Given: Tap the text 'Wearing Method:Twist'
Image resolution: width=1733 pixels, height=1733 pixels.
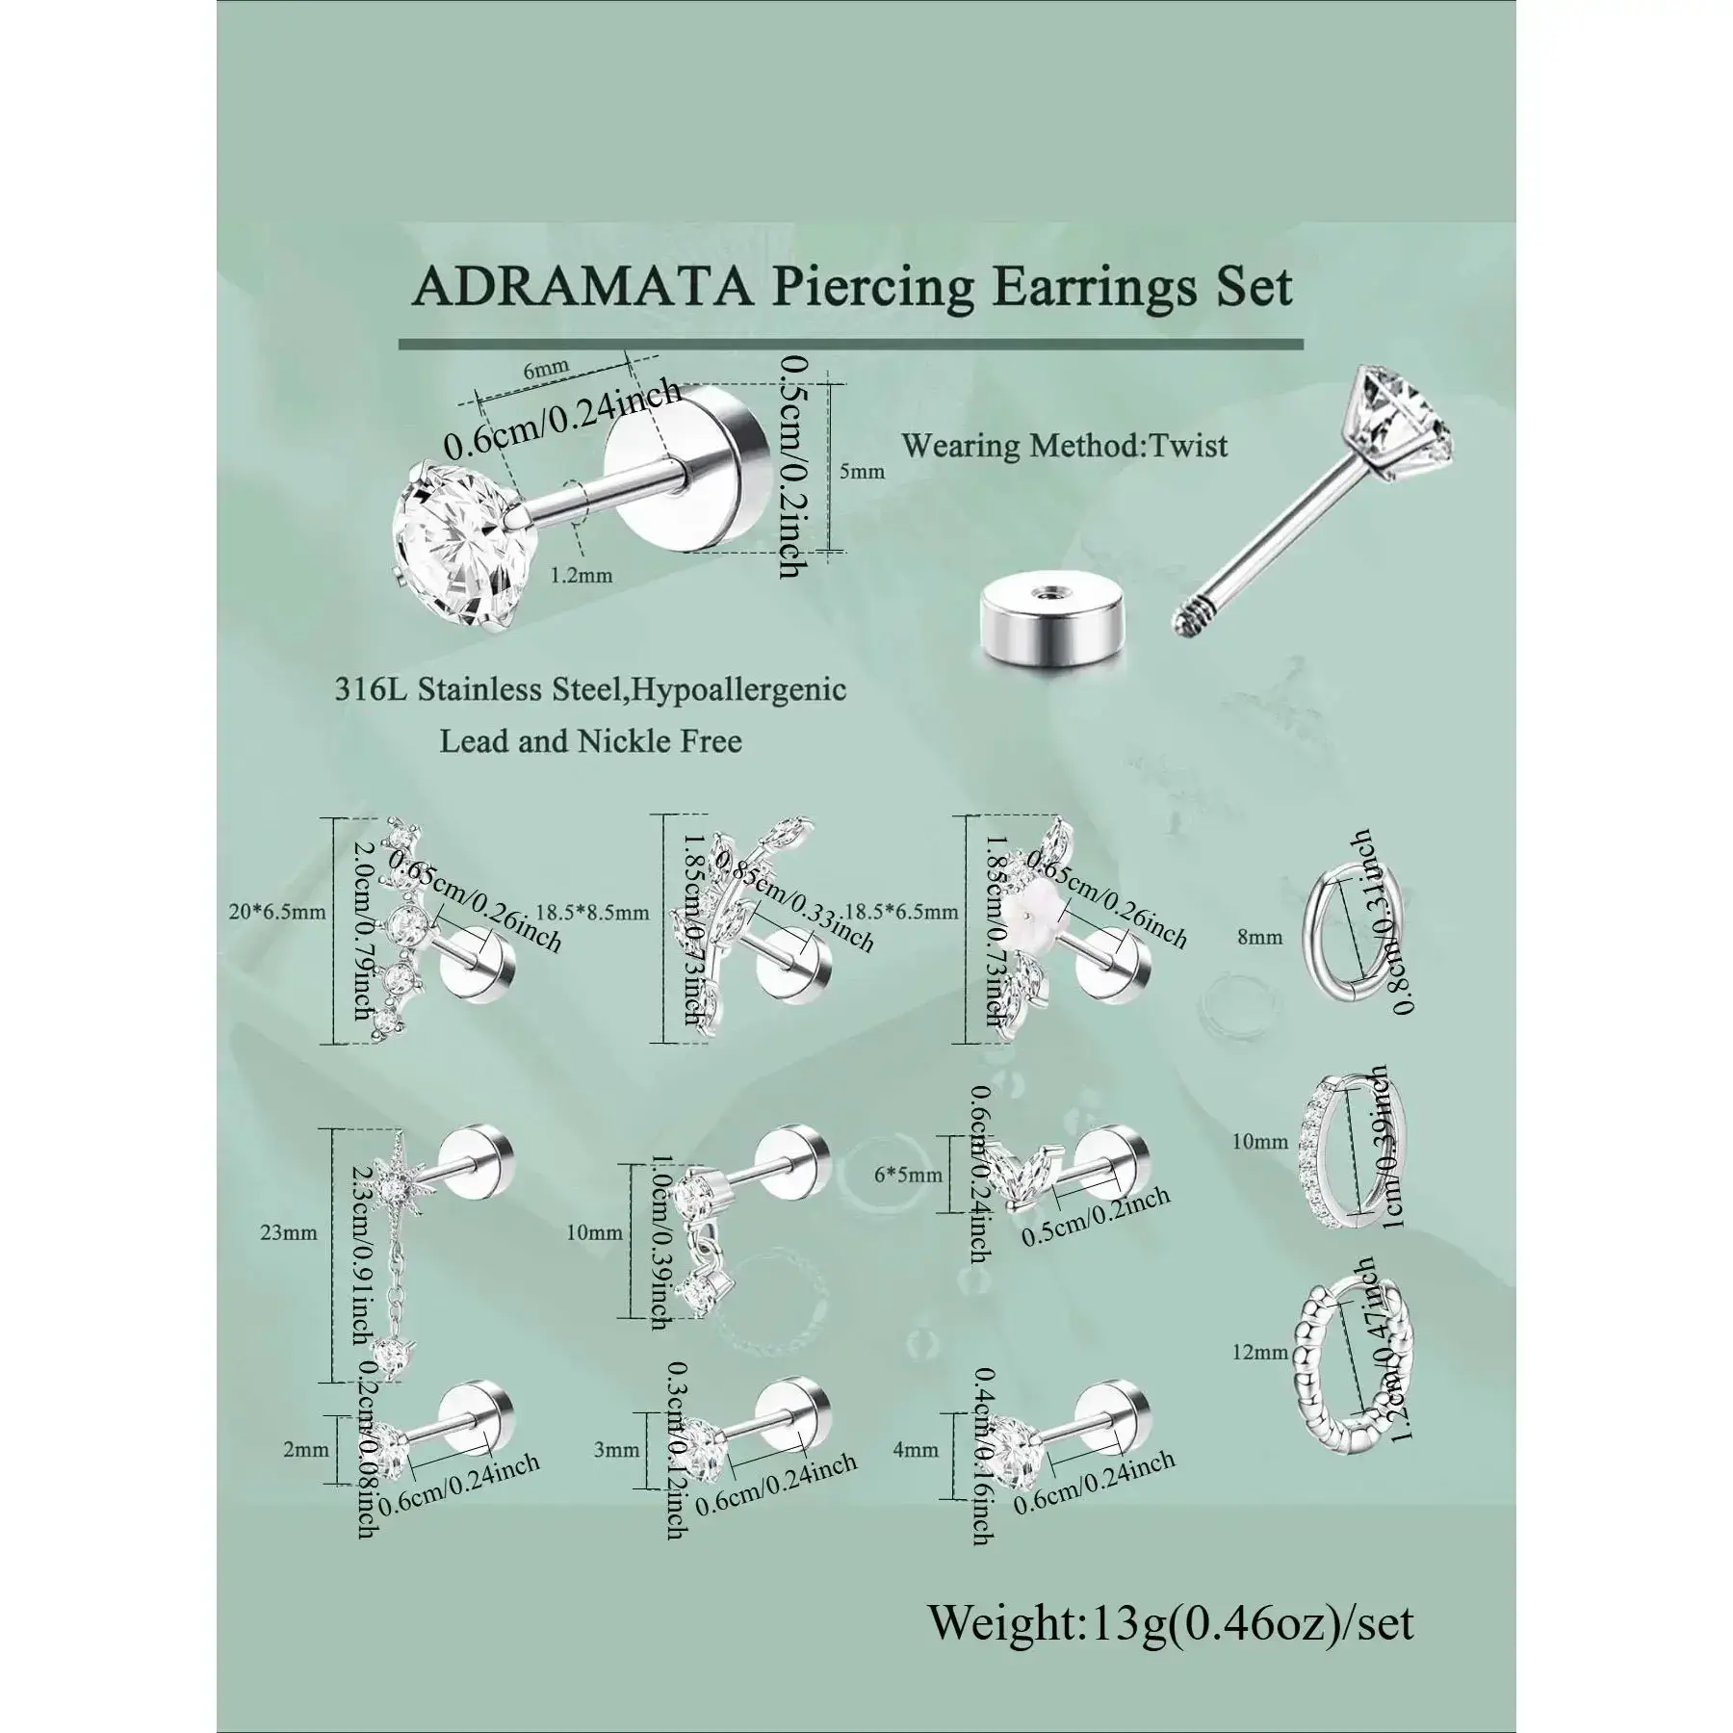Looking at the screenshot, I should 1065,446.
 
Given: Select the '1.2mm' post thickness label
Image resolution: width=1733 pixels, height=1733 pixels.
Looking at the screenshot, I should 581,576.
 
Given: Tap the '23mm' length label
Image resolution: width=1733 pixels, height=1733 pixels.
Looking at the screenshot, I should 289,1231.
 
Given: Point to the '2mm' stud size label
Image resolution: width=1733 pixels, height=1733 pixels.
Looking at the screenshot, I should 306,1449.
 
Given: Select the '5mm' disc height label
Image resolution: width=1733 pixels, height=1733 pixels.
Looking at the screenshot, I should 861,472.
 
